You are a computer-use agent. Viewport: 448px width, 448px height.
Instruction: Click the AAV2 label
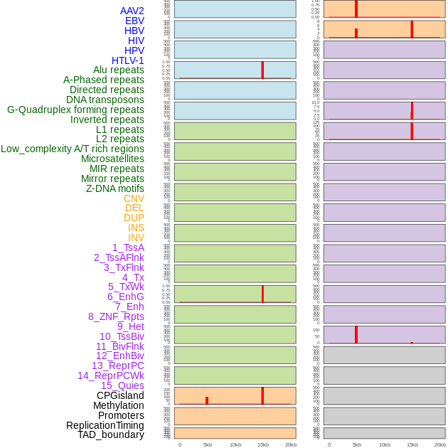click(x=132, y=11)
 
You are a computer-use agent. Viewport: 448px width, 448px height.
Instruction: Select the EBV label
click(x=134, y=21)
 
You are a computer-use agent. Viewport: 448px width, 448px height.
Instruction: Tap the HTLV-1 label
click(x=127, y=60)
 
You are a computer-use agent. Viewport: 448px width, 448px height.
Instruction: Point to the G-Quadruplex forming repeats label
click(x=75, y=110)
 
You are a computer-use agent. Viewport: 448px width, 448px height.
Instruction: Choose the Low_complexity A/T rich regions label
click(x=73, y=149)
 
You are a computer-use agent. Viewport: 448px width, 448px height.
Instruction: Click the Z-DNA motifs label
click(x=115, y=188)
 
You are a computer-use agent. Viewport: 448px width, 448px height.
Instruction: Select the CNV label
click(x=134, y=198)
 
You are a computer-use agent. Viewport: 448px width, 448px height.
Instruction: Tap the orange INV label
click(x=136, y=238)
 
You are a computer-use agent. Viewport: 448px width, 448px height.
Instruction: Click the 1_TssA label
click(x=128, y=247)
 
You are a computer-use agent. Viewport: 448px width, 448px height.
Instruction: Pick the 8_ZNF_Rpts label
click(x=116, y=316)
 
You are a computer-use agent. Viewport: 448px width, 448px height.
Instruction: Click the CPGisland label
click(x=120, y=395)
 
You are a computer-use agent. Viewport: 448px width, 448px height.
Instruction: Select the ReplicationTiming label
click(x=105, y=425)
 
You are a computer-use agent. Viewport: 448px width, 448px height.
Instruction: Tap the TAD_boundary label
click(x=111, y=434)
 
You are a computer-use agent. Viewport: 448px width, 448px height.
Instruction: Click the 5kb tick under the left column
click(x=208, y=444)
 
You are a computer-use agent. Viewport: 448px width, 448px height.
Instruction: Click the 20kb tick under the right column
click(x=440, y=444)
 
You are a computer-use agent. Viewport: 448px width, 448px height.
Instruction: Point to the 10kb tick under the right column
click(x=385, y=444)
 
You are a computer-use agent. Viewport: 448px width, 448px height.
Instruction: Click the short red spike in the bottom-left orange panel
click(x=207, y=400)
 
